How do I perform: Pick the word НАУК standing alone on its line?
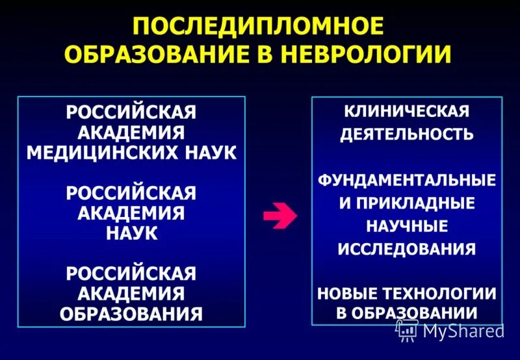(131, 233)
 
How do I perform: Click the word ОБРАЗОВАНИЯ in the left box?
(131, 314)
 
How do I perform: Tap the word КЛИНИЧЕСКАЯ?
(407, 110)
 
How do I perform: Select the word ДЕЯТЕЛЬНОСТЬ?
(407, 135)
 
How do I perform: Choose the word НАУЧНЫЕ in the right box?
(407, 226)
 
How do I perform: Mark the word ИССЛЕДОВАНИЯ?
(407, 249)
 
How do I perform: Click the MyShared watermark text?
(463, 331)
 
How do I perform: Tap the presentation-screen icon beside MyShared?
(408, 329)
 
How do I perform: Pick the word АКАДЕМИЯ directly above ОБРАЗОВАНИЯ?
(131, 293)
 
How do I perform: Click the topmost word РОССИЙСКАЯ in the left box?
(131, 111)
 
